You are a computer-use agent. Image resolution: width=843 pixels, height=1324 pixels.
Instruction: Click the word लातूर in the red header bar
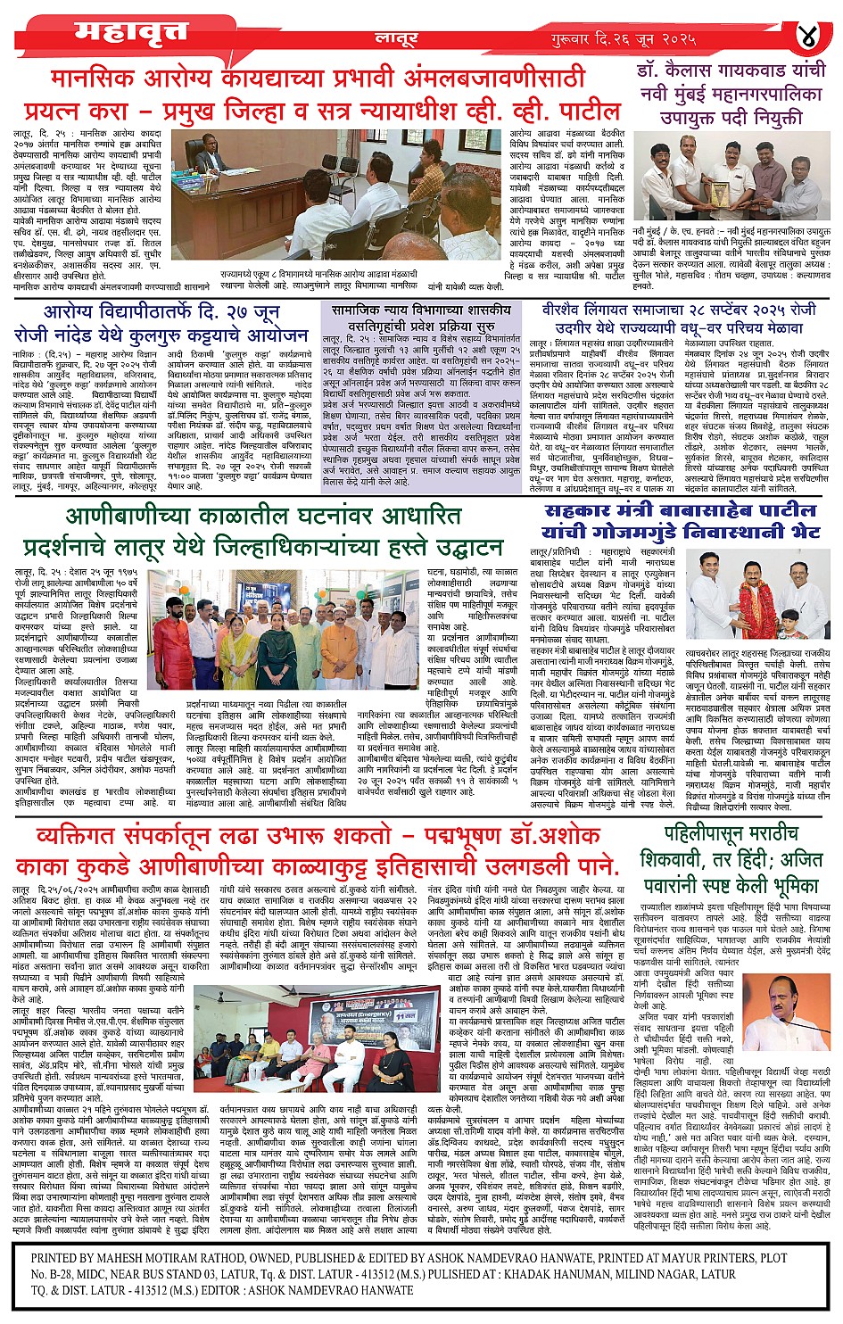(x=396, y=39)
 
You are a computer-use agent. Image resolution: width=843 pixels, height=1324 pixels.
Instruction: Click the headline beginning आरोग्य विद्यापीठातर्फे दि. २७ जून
(x=176, y=323)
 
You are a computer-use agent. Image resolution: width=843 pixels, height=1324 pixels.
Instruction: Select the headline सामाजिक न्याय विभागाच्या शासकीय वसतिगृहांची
(x=421, y=319)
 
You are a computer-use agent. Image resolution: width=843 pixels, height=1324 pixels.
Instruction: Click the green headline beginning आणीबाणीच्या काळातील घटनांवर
(x=264, y=532)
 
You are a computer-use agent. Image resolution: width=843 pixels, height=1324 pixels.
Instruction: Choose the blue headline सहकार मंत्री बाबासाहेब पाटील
(x=681, y=521)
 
